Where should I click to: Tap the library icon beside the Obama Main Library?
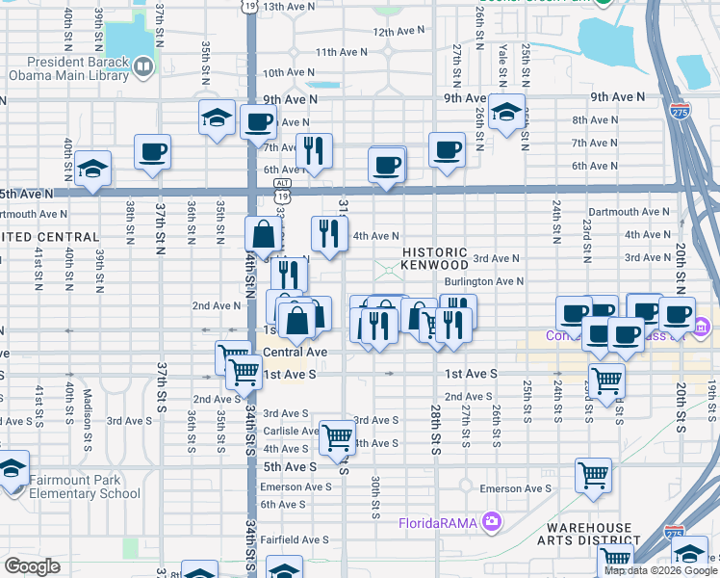(143, 66)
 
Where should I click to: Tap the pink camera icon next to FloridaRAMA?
(493, 523)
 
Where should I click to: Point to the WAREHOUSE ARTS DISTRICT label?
(590, 535)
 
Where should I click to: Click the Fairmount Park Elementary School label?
(85, 486)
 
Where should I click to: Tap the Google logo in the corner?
(32, 566)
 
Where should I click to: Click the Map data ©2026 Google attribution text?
(660, 570)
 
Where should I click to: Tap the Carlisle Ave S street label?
(286, 432)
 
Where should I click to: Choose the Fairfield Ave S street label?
(295, 539)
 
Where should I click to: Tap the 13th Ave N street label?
(290, 6)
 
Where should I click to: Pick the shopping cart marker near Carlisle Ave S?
(337, 436)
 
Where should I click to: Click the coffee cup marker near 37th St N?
(153, 151)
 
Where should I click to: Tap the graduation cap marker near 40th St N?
(92, 168)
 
